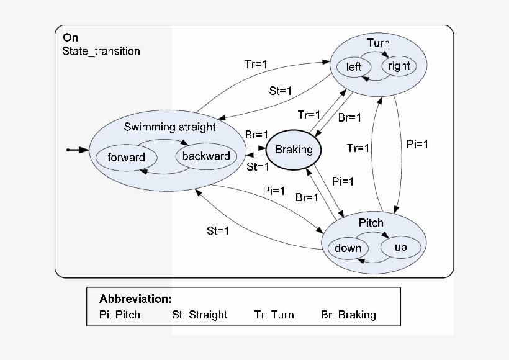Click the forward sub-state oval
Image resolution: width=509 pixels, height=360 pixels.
(126, 157)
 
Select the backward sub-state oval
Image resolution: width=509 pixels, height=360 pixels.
(206, 156)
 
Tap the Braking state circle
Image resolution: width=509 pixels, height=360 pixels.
(294, 150)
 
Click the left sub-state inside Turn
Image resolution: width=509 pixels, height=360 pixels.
(354, 66)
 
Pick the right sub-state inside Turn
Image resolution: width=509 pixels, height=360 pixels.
(398, 66)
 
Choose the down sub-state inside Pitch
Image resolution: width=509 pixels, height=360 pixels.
(348, 248)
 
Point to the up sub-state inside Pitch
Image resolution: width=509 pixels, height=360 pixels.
(400, 248)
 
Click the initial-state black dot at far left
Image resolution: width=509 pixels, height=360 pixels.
(69, 150)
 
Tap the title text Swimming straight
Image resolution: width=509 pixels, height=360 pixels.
(169, 127)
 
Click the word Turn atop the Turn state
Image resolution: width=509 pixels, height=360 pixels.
(378, 43)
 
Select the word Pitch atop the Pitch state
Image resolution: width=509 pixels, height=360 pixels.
(371, 223)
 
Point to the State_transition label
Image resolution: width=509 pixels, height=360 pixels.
(101, 51)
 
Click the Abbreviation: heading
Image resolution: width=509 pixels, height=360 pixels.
(135, 299)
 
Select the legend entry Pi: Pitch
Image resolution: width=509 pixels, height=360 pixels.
(120, 315)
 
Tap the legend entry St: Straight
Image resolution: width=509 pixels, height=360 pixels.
(199, 315)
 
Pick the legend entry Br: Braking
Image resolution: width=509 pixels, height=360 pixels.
(348, 315)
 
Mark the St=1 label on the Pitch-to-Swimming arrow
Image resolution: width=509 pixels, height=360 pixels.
(218, 231)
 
